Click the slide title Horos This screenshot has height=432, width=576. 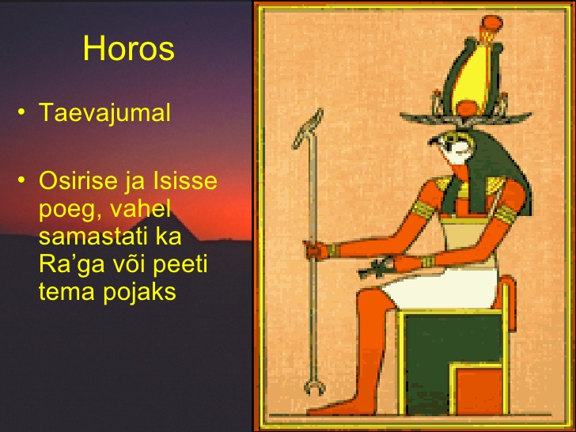click(x=128, y=48)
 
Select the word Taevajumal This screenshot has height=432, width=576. click(x=104, y=112)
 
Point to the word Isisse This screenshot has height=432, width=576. click(x=185, y=180)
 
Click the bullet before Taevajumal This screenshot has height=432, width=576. click(x=21, y=112)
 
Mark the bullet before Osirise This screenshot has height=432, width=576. click(x=21, y=180)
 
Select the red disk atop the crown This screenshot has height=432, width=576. click(x=491, y=23)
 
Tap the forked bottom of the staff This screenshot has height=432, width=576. click(x=314, y=387)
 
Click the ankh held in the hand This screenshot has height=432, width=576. click(x=375, y=269)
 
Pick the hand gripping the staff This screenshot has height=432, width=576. click(x=316, y=251)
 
